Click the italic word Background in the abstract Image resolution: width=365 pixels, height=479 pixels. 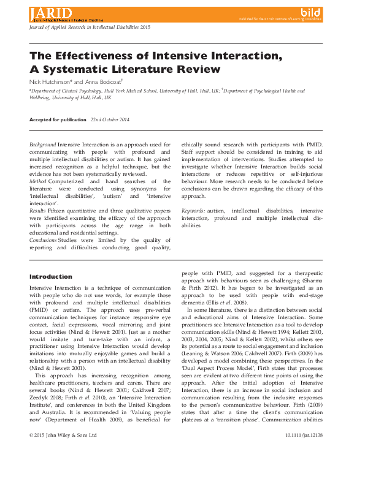[x=42, y=143]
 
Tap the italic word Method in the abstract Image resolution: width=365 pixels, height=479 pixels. [x=38, y=181]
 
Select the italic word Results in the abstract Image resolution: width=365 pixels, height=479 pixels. [x=39, y=211]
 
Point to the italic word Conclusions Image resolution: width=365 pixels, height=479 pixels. [x=45, y=240]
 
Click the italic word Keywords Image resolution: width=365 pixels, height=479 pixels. [x=193, y=211]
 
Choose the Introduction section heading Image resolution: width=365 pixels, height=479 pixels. [x=50, y=277]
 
